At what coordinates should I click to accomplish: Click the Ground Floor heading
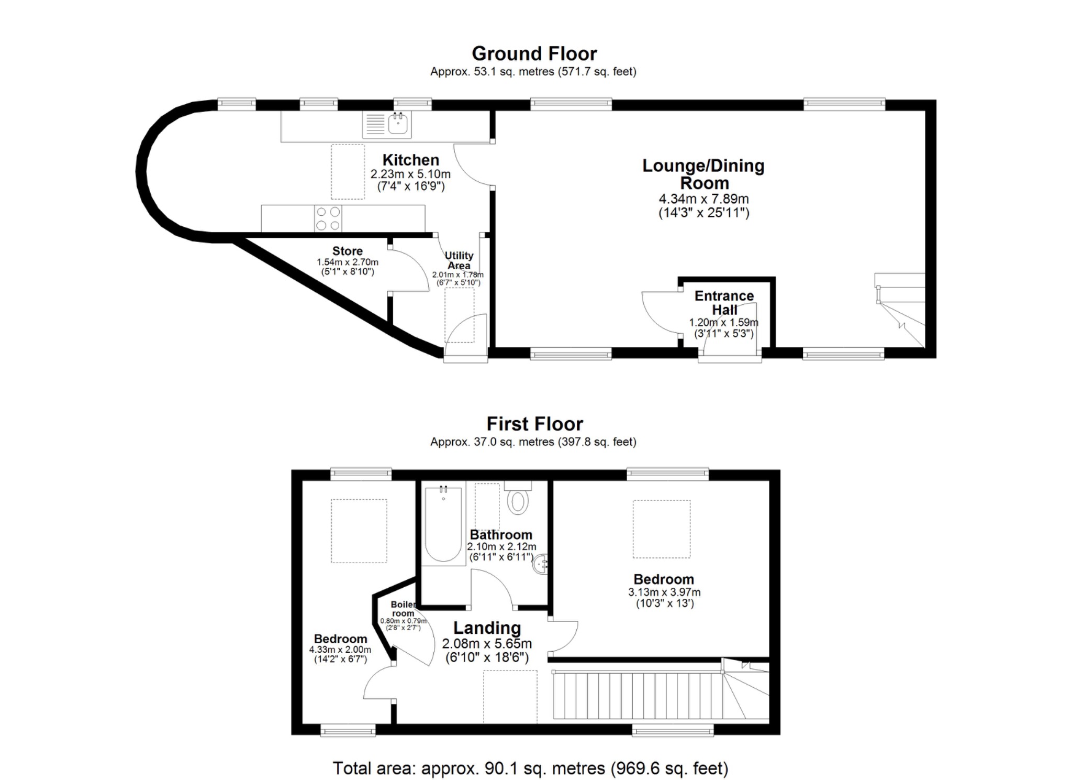tap(534, 53)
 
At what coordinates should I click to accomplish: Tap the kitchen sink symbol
tap(398, 124)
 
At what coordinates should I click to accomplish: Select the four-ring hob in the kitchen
tap(328, 218)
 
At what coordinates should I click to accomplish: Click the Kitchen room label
tap(410, 160)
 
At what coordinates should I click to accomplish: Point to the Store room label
tap(347, 251)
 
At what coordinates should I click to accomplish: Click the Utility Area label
tap(459, 260)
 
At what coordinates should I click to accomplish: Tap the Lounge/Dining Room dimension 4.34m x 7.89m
tap(703, 199)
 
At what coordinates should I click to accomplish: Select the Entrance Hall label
tap(724, 303)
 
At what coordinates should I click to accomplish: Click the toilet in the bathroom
tap(518, 500)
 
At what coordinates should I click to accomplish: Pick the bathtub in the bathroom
tap(443, 524)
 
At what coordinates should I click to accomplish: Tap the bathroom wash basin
tap(541, 565)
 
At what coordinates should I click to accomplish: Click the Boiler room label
tap(403, 609)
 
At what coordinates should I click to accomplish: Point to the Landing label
tap(487, 628)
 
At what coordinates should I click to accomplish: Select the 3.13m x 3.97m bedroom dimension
tap(664, 592)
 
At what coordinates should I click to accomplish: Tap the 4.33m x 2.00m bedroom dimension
tap(340, 650)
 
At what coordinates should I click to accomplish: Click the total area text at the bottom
tap(530, 768)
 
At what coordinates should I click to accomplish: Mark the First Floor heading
tap(534, 423)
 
